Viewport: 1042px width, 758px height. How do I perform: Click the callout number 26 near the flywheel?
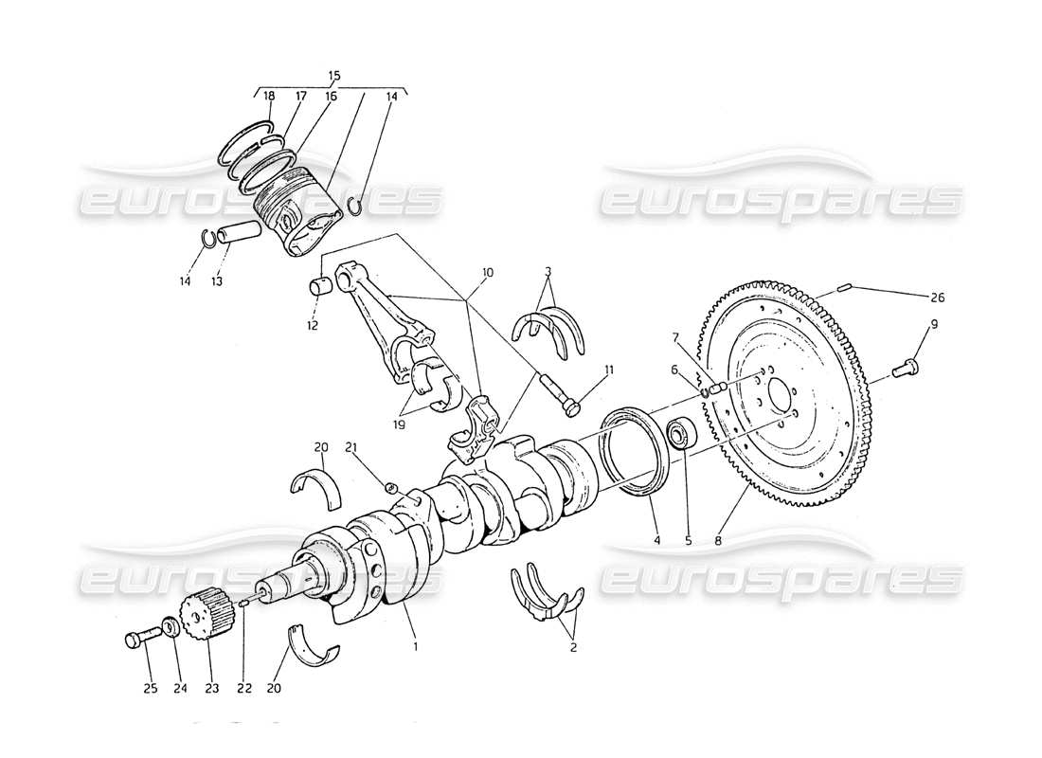tap(938, 298)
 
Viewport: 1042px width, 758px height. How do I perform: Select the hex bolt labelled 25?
tap(138, 640)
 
